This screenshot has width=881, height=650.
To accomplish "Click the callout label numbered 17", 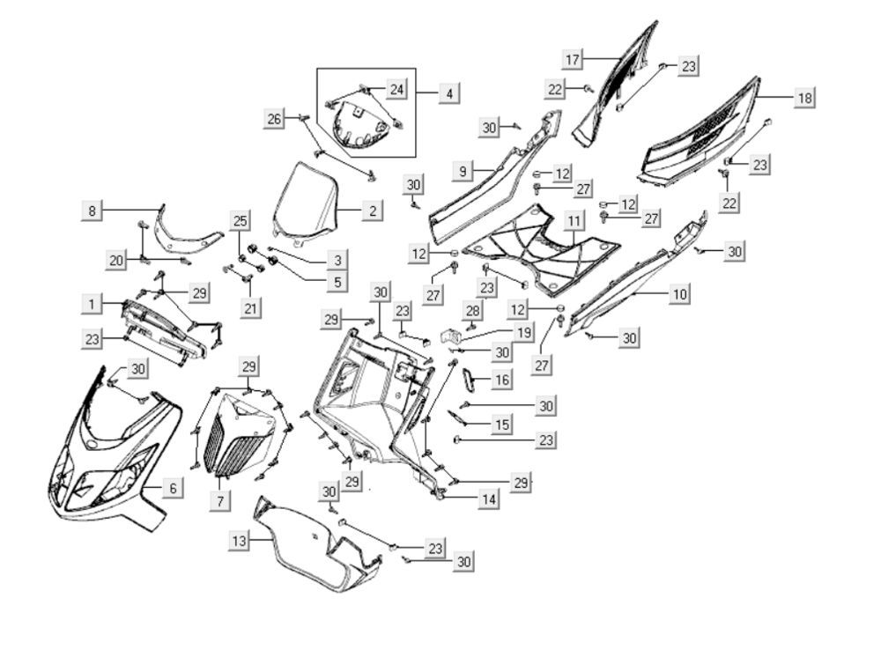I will (x=573, y=59).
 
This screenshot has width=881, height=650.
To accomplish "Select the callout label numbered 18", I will (x=804, y=98).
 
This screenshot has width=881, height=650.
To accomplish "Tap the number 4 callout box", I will (x=449, y=92).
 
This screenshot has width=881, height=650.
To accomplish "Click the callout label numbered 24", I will (x=396, y=90).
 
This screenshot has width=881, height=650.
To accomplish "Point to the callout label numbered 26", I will (x=276, y=119).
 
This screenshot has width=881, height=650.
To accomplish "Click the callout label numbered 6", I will (x=173, y=486).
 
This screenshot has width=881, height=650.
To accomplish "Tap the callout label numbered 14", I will (x=488, y=499).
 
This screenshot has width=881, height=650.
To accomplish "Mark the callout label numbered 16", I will (x=501, y=380).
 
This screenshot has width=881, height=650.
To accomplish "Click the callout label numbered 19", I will (x=523, y=333).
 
